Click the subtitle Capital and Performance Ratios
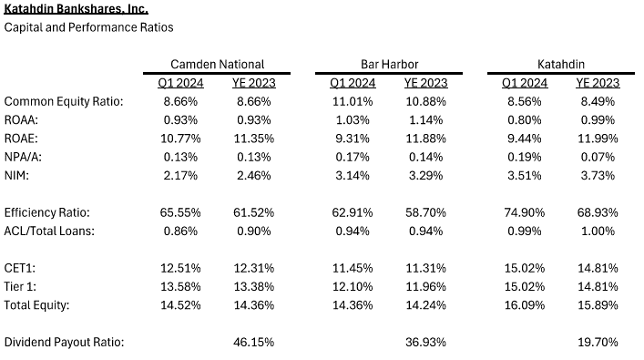pos(88,27)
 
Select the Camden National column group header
pos(218,65)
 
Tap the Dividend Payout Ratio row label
pos(63,342)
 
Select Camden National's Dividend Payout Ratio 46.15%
pos(255,342)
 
